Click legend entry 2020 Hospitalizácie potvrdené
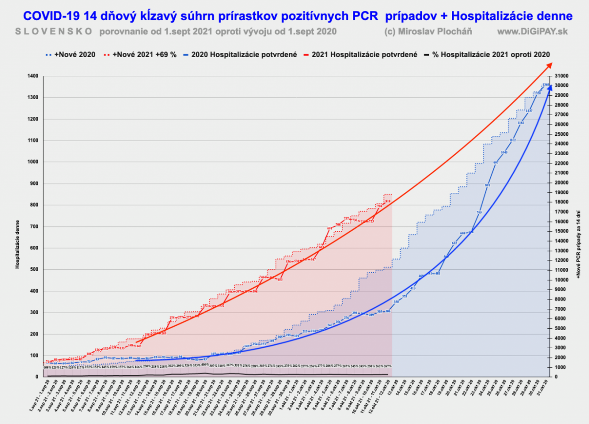pyautogui.click(x=250, y=54)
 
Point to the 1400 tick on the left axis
pyautogui.click(x=33, y=76)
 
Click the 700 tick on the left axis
pyautogui.click(x=34, y=226)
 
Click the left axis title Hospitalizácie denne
pyautogui.click(x=17, y=244)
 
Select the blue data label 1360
pyautogui.click(x=546, y=85)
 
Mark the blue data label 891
pyautogui.click(x=488, y=185)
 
